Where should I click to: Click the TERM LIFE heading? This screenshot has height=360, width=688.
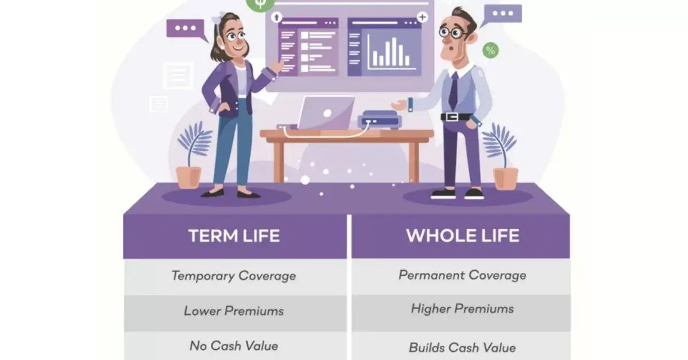coord(234,236)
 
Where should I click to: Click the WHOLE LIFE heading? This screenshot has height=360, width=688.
coord(462,236)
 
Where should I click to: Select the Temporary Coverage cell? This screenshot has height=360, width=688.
coord(234,275)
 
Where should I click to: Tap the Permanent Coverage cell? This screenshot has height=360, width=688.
coord(462,275)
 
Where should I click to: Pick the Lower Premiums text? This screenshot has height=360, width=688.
coord(234,311)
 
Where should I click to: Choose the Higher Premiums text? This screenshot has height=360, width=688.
coord(462,309)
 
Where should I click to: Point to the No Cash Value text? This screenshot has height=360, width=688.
coord(234,346)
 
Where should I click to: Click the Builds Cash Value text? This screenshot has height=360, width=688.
coord(462,347)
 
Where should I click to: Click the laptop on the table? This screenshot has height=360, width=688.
coord(326,112)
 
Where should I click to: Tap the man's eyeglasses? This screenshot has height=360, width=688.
coord(453,32)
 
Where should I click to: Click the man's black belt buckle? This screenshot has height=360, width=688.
coord(452,117)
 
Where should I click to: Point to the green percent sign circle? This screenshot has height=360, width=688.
coord(490,50)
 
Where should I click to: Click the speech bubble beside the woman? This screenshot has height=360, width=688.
coord(185,29)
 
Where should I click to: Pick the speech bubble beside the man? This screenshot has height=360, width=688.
coord(503,14)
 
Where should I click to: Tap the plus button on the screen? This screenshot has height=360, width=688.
coord(423,17)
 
